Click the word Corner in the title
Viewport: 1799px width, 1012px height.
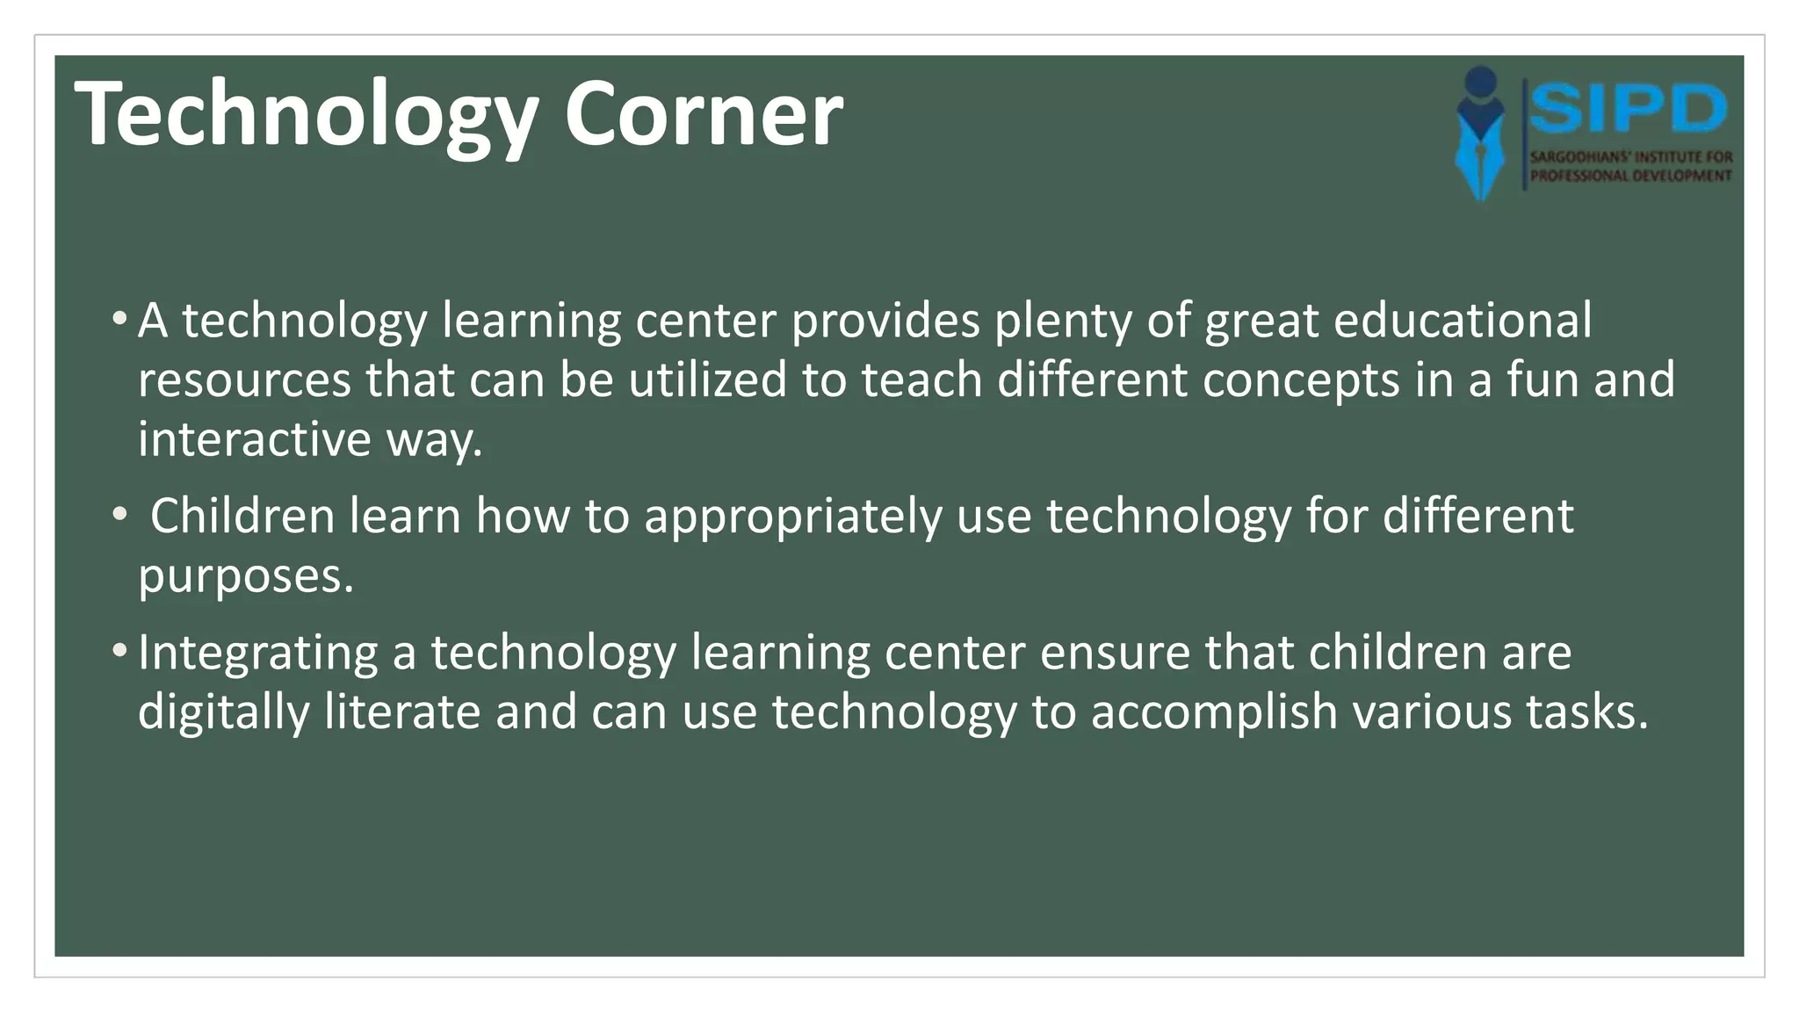pos(703,114)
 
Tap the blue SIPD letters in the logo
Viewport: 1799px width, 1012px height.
pos(1629,110)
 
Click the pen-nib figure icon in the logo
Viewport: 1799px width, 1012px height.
pos(1481,132)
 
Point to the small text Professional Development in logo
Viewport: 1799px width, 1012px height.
pos(1630,176)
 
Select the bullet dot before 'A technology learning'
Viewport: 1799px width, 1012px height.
pos(119,318)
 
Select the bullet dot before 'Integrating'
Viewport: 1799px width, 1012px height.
pos(119,651)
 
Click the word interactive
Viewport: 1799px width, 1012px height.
pos(255,438)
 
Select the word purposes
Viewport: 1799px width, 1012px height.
pos(245,577)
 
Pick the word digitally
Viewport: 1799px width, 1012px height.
pos(223,712)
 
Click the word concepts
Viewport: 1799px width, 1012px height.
pos(1300,381)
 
